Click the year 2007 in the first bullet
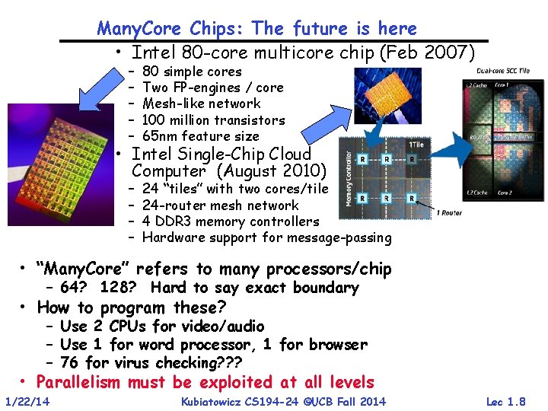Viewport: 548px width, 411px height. point(450,53)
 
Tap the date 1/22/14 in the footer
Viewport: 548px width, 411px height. point(27,401)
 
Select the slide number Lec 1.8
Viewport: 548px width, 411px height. point(505,401)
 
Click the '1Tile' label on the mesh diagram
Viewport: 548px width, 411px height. point(416,145)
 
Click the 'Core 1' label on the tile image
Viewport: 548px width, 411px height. point(504,85)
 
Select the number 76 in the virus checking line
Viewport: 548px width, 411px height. point(69,362)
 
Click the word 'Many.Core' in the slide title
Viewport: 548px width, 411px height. point(140,29)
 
